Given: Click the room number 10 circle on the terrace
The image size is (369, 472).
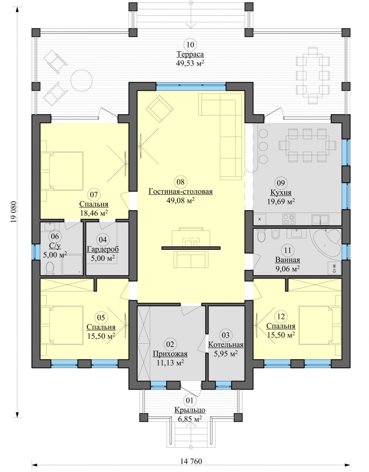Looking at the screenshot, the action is click(190, 45).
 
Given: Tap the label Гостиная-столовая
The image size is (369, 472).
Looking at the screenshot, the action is click(180, 191).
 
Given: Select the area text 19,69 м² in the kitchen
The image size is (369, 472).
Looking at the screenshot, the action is click(281, 201).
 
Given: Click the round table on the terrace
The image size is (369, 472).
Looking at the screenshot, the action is click(82, 81).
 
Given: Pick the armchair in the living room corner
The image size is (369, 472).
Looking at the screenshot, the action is click(159, 108).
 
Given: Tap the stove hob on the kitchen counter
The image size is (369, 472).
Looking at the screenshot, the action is click(288, 219).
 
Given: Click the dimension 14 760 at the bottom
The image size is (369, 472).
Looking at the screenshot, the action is click(191, 461).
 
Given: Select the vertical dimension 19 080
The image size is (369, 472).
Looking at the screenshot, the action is click(14, 212).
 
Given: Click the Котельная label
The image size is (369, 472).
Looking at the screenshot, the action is click(226, 345).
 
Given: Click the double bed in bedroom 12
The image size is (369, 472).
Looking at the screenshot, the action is click(320, 325).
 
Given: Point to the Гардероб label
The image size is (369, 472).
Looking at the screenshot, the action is click(103, 249).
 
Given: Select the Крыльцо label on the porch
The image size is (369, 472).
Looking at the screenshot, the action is click(190, 410).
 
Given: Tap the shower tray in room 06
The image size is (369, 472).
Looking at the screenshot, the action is click(72, 265).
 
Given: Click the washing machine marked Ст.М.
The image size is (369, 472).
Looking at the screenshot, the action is click(335, 268).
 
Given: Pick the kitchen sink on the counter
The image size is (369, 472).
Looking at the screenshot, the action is click(320, 219).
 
